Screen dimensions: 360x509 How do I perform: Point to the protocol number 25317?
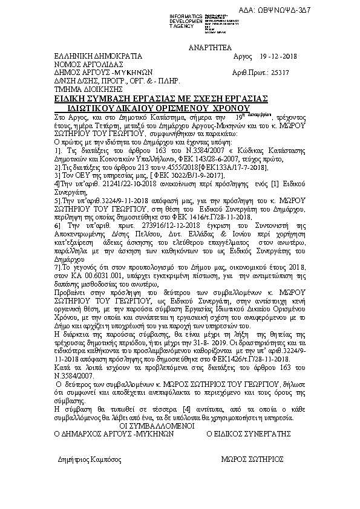coord(277,72)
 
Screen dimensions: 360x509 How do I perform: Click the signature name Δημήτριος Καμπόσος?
coord(90,459)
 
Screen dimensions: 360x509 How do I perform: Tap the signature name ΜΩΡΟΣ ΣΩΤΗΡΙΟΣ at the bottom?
coord(253,459)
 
